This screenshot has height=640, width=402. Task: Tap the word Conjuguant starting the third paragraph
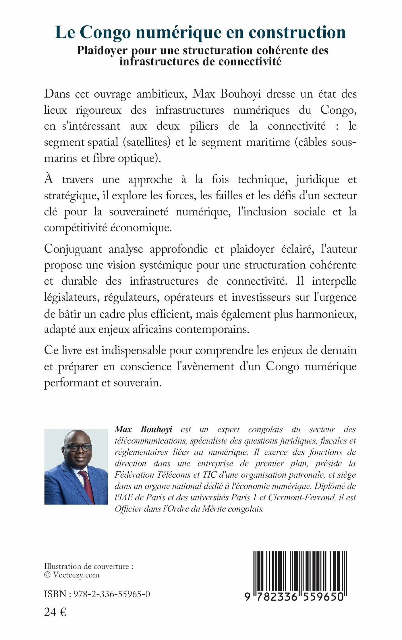coord(73,249)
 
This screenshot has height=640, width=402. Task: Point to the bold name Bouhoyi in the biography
coord(156,429)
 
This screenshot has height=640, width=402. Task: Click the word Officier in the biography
coord(128,509)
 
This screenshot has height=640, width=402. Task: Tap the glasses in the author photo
coord(78,448)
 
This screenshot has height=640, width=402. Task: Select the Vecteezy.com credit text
coord(76,575)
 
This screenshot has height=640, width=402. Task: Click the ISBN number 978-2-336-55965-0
coord(112,594)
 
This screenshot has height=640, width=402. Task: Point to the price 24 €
coord(55,612)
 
